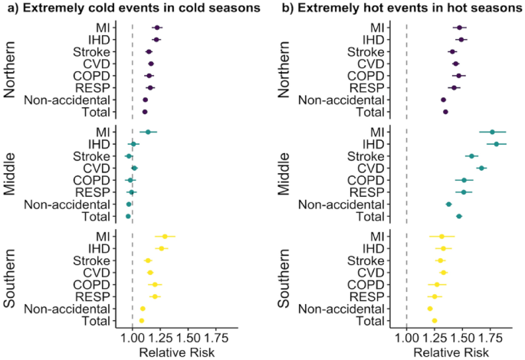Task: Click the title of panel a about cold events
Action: [128, 8]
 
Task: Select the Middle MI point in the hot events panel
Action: [493, 132]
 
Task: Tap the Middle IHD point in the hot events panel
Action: [497, 144]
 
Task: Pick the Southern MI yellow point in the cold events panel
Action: [165, 237]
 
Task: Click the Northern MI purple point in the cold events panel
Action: [156, 28]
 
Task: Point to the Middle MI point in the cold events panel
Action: [148, 132]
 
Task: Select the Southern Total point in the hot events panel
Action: [434, 320]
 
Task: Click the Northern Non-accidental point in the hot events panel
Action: [443, 100]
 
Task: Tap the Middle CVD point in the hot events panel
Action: [481, 168]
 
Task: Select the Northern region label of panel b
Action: [284, 69]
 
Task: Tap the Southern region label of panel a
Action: [11, 278]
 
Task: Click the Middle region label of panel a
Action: [11, 174]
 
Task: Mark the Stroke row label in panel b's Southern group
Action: [367, 260]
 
